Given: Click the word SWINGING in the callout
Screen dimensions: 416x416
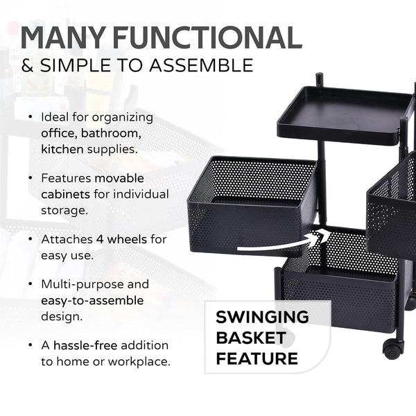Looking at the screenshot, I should point(262,318).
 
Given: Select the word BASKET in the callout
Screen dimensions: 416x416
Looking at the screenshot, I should point(250,338).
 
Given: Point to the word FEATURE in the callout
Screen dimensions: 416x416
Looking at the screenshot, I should point(257,358).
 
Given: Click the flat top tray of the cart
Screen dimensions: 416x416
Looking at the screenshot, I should point(340,111).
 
